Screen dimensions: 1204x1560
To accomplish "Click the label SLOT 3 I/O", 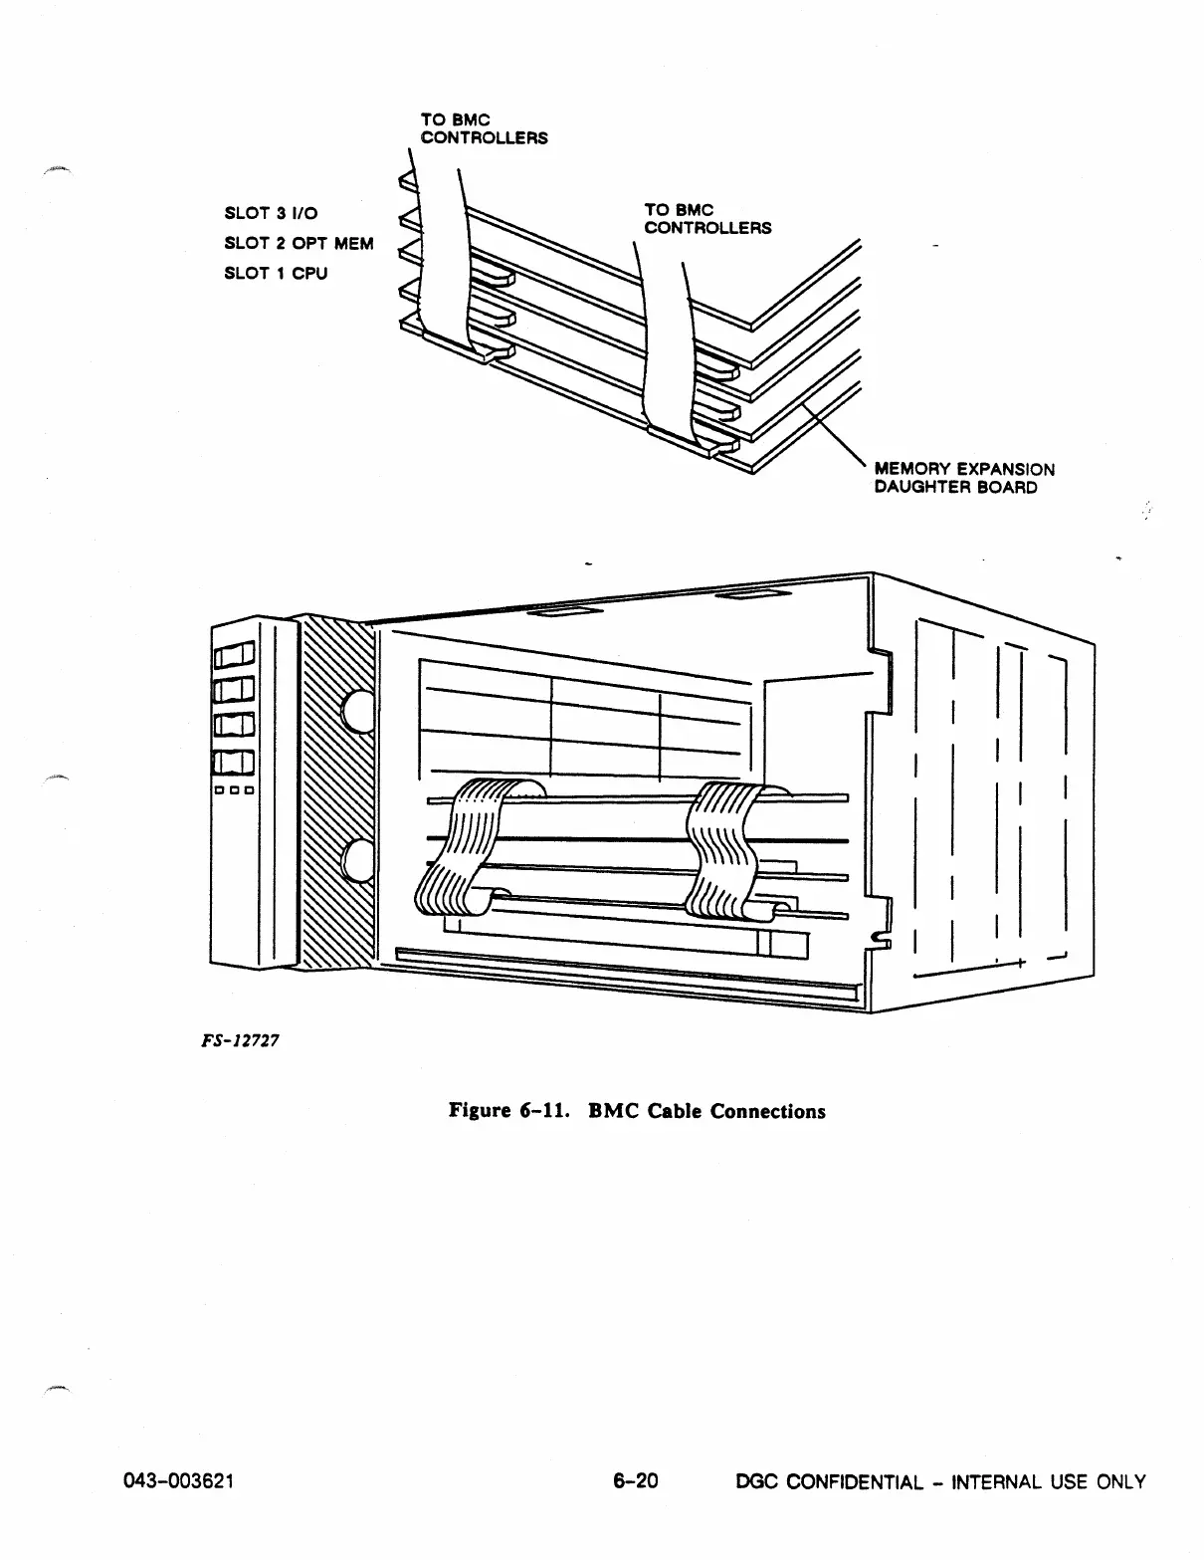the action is pyautogui.click(x=271, y=213).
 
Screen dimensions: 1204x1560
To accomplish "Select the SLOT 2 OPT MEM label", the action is pyautogui.click(x=299, y=243).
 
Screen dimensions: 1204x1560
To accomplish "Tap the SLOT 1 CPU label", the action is pyautogui.click(x=276, y=273).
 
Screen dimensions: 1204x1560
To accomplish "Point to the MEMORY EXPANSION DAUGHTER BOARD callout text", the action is pyautogui.click(x=963, y=478).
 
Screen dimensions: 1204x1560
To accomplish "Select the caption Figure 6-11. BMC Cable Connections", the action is pyautogui.click(x=637, y=1110).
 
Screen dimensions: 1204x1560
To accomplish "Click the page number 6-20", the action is pyautogui.click(x=636, y=1481).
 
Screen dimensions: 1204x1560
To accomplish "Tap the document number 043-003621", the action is pyautogui.click(x=179, y=1481).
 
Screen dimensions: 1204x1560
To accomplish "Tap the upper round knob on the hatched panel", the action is pyautogui.click(x=357, y=711).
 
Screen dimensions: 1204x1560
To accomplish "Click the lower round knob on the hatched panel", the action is pyautogui.click(x=357, y=860).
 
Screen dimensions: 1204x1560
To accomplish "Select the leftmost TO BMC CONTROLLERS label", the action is pyautogui.click(x=484, y=128).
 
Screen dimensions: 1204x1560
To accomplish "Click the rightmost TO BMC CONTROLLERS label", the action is pyautogui.click(x=706, y=218).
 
